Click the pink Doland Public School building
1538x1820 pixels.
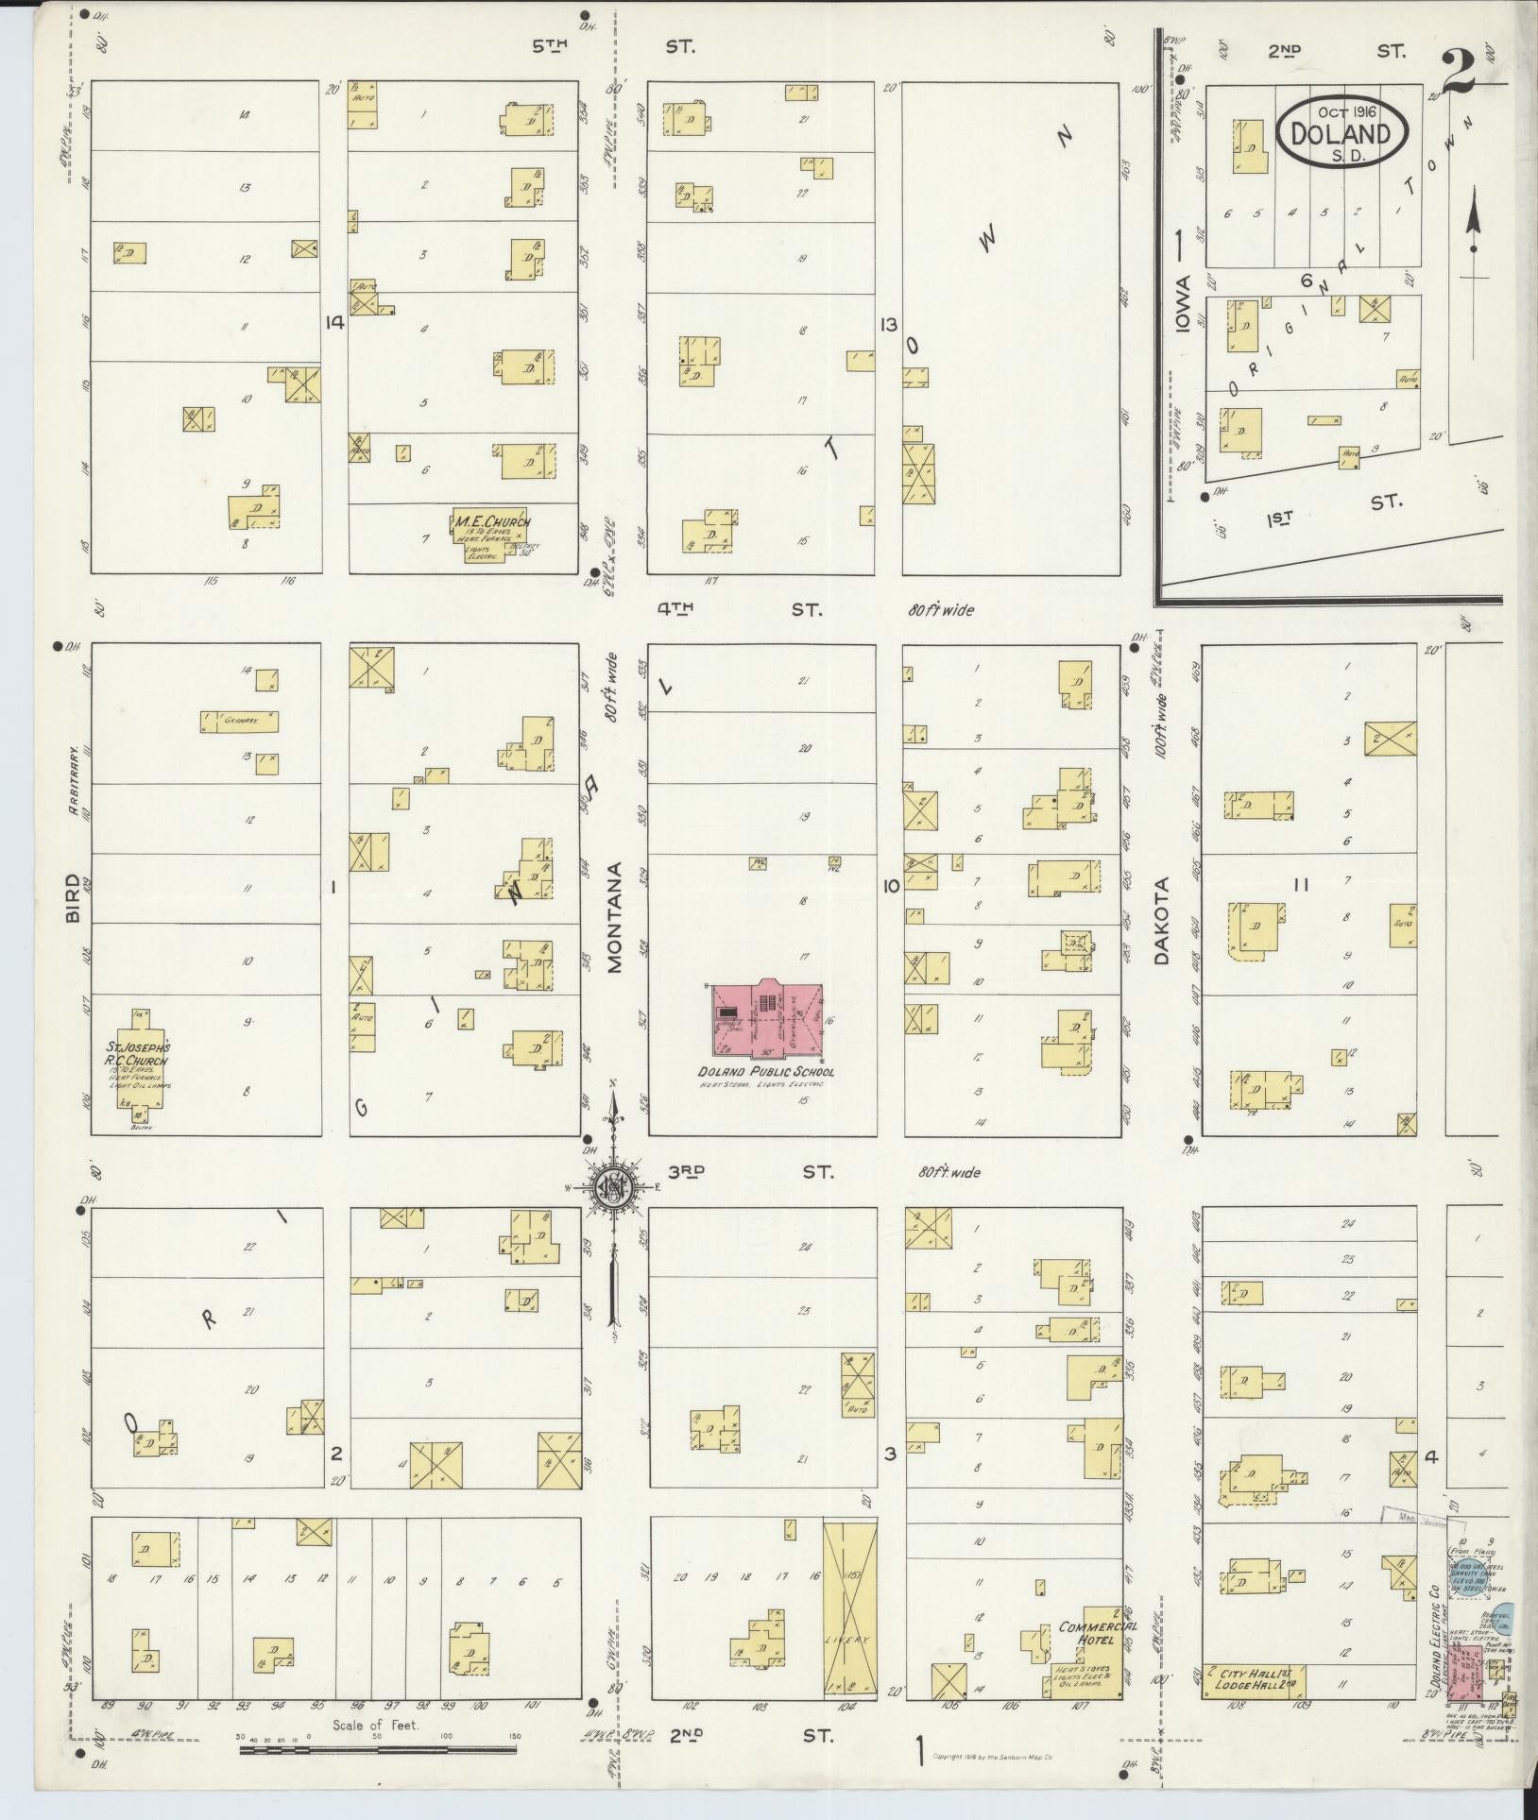pyautogui.click(x=766, y=1020)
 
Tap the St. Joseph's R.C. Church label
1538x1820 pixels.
pyautogui.click(x=138, y=1054)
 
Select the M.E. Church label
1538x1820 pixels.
pyautogui.click(x=492, y=521)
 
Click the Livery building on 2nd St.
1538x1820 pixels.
pyautogui.click(x=846, y=1623)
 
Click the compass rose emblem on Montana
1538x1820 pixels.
pyautogui.click(x=613, y=1188)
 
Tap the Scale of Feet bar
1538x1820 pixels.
pyautogui.click(x=379, y=1749)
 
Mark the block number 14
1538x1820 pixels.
pyautogui.click(x=333, y=322)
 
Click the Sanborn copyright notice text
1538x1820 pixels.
pyautogui.click(x=999, y=1756)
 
